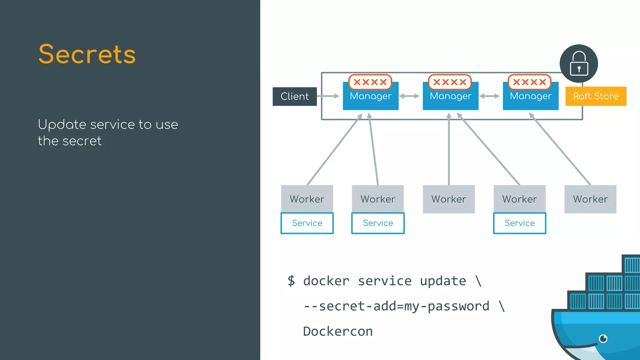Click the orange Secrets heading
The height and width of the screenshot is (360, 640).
pyautogui.click(x=87, y=54)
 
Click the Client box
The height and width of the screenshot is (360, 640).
pyautogui.click(x=294, y=96)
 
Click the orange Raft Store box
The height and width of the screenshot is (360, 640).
pyautogui.click(x=596, y=96)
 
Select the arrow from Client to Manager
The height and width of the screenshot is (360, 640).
pyautogui.click(x=328, y=96)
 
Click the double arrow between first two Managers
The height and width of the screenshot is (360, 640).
pyautogui.click(x=409, y=96)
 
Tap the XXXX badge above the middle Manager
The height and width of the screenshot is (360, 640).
pyautogui.click(x=450, y=82)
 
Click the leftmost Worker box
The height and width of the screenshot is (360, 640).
pyautogui.click(x=307, y=199)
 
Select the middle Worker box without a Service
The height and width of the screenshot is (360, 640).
pyautogui.click(x=448, y=199)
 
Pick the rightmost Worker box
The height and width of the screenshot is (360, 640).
pyautogui.click(x=590, y=199)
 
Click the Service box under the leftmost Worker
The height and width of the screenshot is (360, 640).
pyautogui.click(x=307, y=223)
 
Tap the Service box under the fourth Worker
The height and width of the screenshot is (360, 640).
pyautogui.click(x=519, y=223)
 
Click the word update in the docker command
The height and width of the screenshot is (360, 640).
pyautogui.click(x=443, y=281)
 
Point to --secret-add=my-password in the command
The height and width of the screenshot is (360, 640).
pyautogui.click(x=396, y=306)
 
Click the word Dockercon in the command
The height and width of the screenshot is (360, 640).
pyautogui.click(x=338, y=331)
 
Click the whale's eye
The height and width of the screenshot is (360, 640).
pyautogui.click(x=603, y=338)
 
